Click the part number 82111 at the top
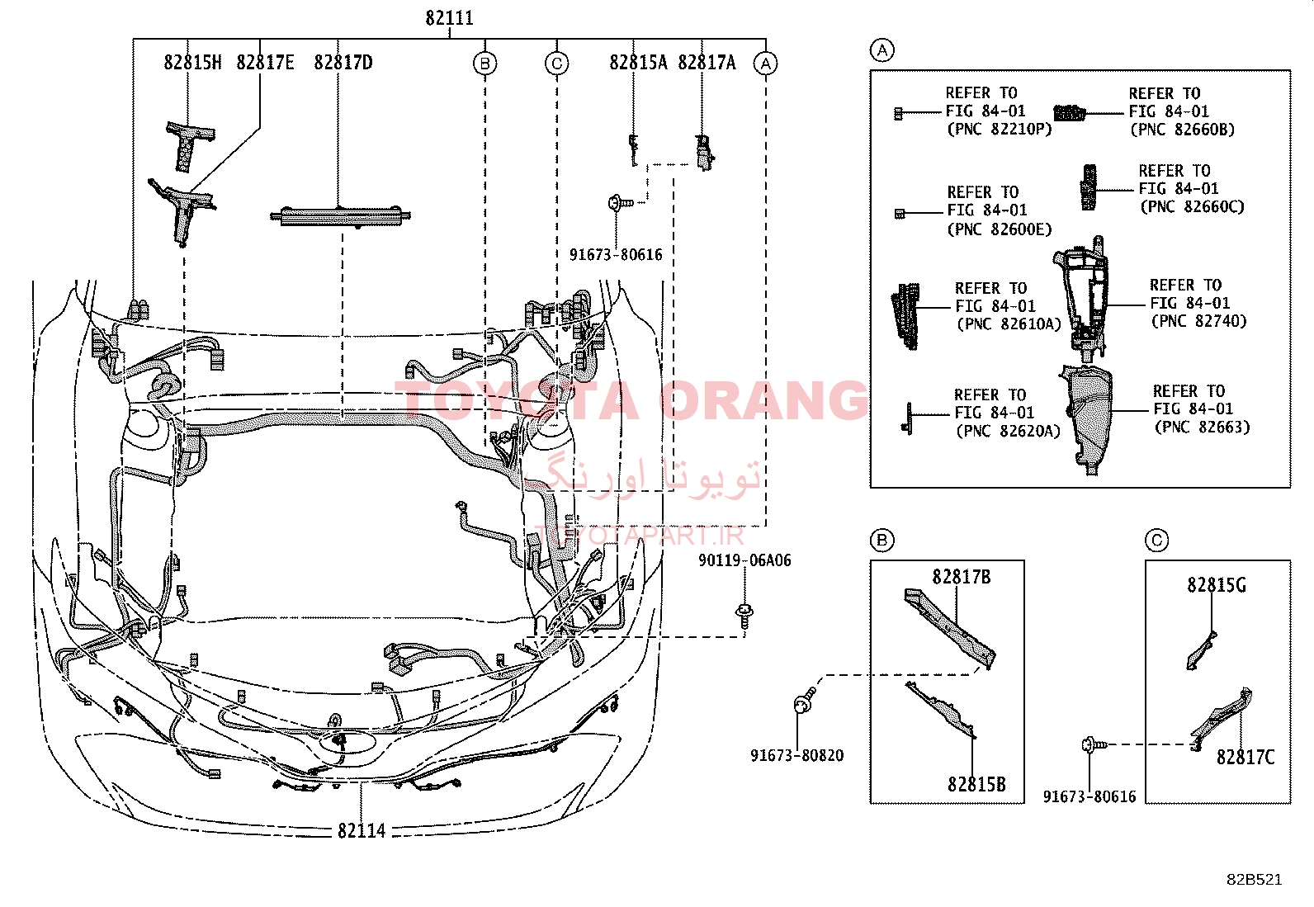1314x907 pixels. pyautogui.click(x=449, y=18)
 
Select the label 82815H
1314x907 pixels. pyautogui.click(x=192, y=62)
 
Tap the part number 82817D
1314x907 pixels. pyautogui.click(x=343, y=62)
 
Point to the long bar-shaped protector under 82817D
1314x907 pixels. pyautogui.click(x=340, y=216)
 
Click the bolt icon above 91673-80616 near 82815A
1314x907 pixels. pyautogui.click(x=620, y=203)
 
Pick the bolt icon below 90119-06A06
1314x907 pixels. pyautogui.click(x=744, y=616)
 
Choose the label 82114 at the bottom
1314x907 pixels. pyautogui.click(x=362, y=831)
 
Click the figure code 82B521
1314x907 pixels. pyautogui.click(x=1255, y=880)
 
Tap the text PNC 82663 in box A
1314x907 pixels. pyautogui.click(x=1202, y=428)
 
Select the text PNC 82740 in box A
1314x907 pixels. pyautogui.click(x=1198, y=321)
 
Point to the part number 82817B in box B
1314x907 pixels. pyautogui.click(x=962, y=577)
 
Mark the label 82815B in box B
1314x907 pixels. pyautogui.click(x=976, y=784)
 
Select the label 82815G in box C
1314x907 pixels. pyautogui.click(x=1217, y=585)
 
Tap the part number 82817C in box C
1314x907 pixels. pyautogui.click(x=1245, y=758)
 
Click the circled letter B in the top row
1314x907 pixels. pyautogui.click(x=485, y=64)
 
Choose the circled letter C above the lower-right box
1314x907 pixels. pyautogui.click(x=1157, y=540)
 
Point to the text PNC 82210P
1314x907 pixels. pyautogui.click(x=999, y=129)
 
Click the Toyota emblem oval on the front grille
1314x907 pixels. pyautogui.click(x=347, y=743)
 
